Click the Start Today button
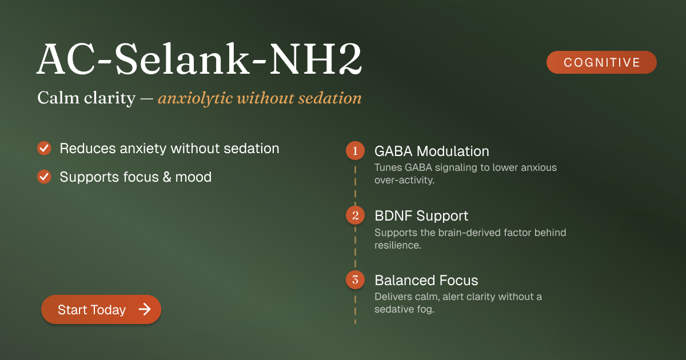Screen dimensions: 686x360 (101, 309)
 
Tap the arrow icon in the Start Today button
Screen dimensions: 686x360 (145, 309)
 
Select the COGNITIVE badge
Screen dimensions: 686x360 (601, 62)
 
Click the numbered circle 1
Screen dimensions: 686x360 (355, 151)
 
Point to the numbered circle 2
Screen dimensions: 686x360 (355, 215)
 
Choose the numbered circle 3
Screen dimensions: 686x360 (355, 280)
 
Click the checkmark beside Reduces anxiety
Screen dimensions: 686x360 (44, 148)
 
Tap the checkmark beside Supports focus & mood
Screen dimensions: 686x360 (44, 177)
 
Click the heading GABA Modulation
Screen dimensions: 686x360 (432, 151)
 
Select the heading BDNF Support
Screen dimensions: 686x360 (421, 216)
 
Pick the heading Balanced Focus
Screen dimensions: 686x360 (426, 281)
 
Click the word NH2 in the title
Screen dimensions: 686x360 (316, 58)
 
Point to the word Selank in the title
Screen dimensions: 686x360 (182, 58)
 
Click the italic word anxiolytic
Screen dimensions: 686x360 (195, 98)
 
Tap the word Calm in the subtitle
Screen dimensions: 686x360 (58, 98)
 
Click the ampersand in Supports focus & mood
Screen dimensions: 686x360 (167, 177)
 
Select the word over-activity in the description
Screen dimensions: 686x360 (404, 180)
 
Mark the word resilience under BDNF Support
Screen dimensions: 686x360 (398, 245)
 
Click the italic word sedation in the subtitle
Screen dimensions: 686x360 (330, 98)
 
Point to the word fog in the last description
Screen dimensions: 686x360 (426, 309)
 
